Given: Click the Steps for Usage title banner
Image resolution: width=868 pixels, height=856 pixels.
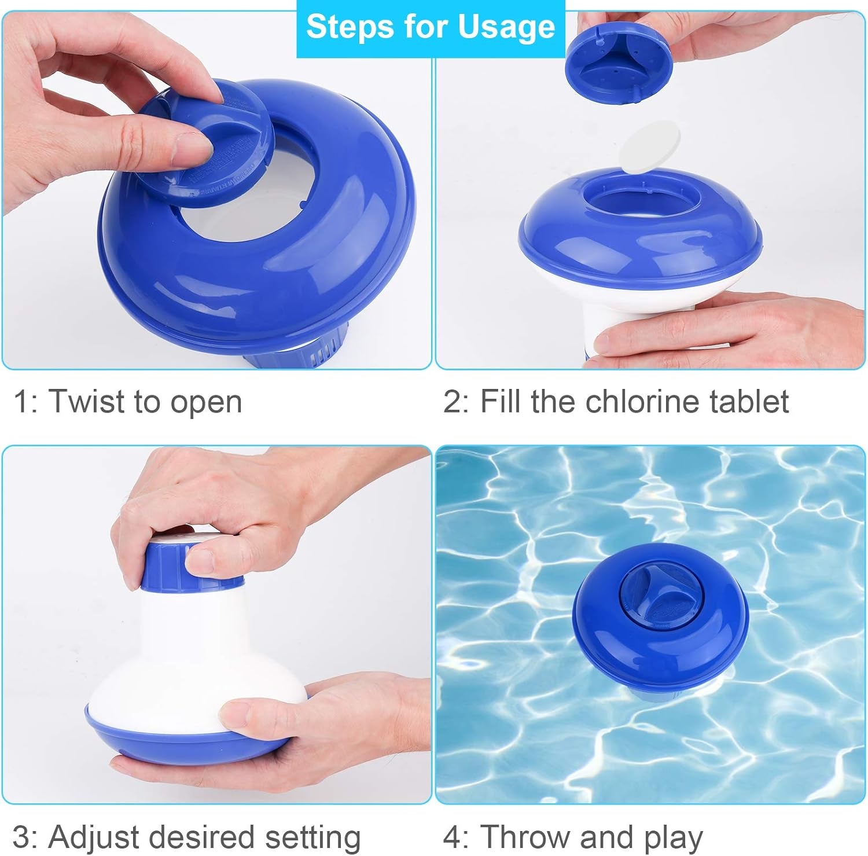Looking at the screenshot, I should (431, 27).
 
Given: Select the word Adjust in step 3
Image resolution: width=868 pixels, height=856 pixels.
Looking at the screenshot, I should (93, 837).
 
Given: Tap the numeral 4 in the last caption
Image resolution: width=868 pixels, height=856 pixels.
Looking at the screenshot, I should (452, 837).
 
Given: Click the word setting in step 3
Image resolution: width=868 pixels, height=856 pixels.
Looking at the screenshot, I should (312, 837).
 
